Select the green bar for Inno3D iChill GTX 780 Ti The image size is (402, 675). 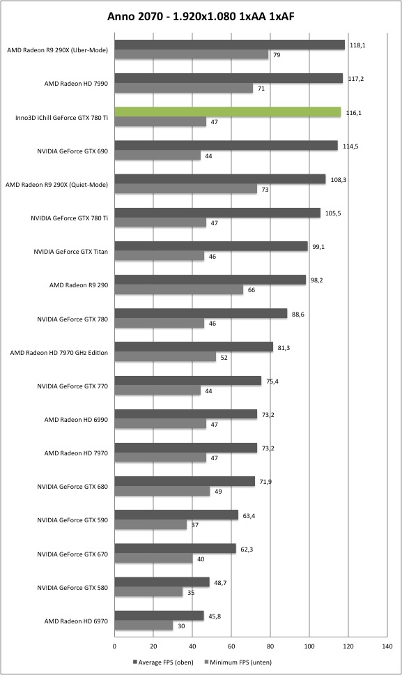[x=227, y=112]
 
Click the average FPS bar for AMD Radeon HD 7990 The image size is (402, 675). [x=229, y=78]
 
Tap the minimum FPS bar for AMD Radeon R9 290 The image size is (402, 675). [x=178, y=289]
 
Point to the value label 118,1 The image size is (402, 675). [x=357, y=45]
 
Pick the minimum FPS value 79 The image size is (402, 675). [x=277, y=54]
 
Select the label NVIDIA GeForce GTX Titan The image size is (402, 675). [x=71, y=252]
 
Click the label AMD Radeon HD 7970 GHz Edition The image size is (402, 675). [x=59, y=353]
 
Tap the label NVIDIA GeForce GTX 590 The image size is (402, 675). [x=72, y=520]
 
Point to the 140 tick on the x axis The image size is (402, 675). [x=387, y=646]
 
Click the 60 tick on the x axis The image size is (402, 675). [x=231, y=646]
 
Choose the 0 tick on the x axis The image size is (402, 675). [x=114, y=646]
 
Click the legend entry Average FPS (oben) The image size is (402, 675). [x=164, y=662]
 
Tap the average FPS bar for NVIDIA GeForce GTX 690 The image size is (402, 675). [x=226, y=146]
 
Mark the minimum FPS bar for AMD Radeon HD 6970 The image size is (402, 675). [x=144, y=625]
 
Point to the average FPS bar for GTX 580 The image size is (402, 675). [x=162, y=582]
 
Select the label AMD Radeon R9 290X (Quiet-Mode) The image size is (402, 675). [x=56, y=184]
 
